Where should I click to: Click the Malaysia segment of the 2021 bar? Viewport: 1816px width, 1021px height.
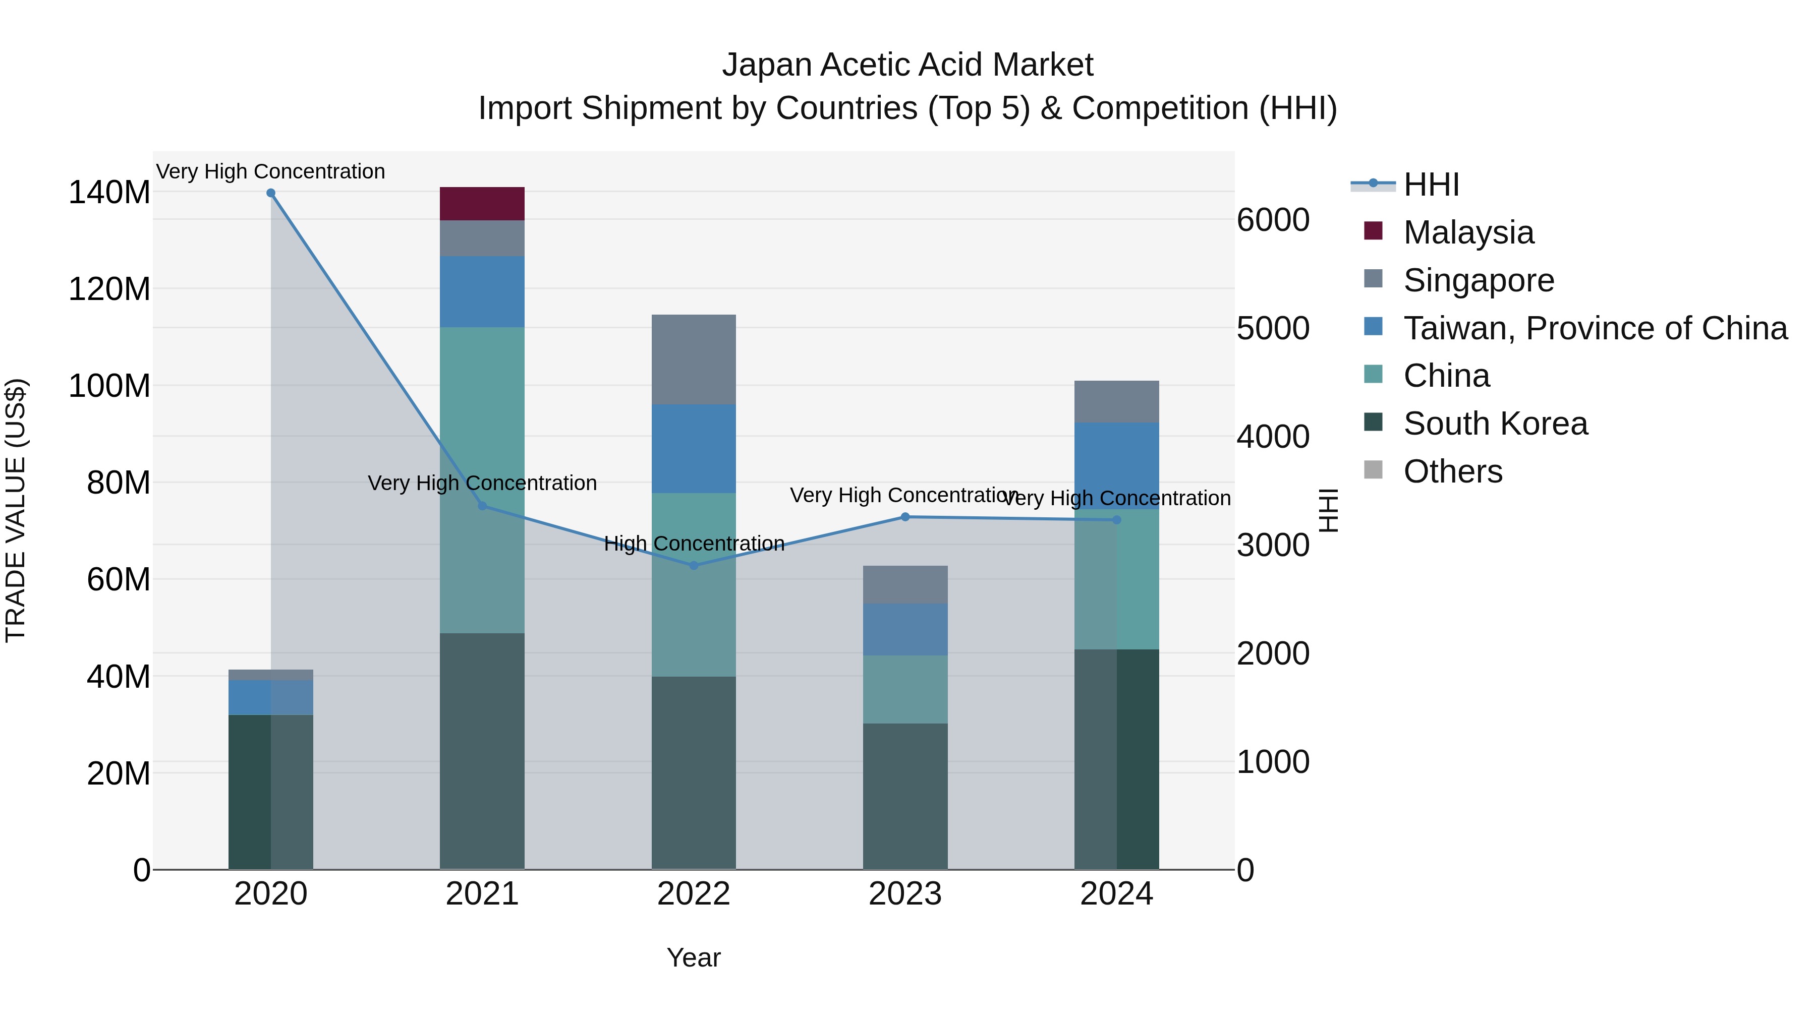tap(482, 204)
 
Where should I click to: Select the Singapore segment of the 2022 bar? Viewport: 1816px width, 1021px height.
tap(694, 359)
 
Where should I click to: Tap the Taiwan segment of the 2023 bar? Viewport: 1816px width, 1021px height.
tap(905, 629)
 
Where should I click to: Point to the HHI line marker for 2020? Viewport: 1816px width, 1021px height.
tap(271, 193)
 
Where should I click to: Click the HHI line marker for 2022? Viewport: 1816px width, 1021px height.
tap(694, 565)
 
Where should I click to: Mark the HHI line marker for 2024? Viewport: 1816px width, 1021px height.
tap(1117, 520)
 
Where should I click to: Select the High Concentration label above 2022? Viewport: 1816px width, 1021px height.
tap(694, 543)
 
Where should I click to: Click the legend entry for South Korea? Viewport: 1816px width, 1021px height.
tap(1495, 424)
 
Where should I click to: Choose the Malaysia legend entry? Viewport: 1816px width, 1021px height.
tap(1468, 232)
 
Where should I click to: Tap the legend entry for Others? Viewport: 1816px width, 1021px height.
tap(1452, 471)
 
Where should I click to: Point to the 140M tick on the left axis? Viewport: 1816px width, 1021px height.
tap(109, 193)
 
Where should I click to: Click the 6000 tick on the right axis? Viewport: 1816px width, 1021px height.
tap(1273, 220)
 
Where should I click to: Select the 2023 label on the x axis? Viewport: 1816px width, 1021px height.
tap(905, 894)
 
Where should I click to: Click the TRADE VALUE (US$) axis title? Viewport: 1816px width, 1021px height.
tap(16, 510)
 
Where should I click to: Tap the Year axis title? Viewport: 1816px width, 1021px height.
tap(694, 957)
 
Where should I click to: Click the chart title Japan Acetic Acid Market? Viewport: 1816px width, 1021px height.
tap(907, 65)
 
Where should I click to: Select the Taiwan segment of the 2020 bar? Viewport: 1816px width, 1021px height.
tap(271, 697)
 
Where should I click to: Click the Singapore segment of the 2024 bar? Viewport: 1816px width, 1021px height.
tap(1117, 402)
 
